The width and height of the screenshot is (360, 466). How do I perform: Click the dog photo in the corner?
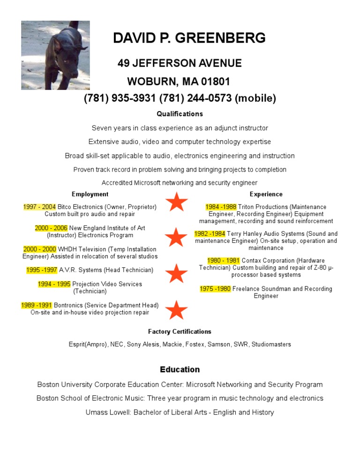click(55, 55)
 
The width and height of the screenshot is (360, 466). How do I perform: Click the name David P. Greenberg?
click(189, 38)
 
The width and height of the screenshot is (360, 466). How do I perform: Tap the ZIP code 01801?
click(216, 82)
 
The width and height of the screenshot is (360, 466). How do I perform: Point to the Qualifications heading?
click(180, 114)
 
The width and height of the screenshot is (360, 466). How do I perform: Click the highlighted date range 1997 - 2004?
click(39, 207)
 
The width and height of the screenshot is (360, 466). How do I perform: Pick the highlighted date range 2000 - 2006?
click(51, 228)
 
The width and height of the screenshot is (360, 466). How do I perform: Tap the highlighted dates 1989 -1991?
click(37, 305)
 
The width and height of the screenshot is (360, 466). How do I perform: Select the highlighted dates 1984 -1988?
click(221, 207)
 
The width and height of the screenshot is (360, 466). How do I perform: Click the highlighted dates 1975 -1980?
click(215, 289)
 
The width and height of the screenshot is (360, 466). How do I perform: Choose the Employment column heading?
click(90, 194)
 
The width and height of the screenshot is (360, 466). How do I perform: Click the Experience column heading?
click(266, 194)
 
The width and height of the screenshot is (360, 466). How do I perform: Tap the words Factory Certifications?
click(180, 331)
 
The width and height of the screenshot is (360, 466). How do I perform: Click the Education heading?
click(180, 369)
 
